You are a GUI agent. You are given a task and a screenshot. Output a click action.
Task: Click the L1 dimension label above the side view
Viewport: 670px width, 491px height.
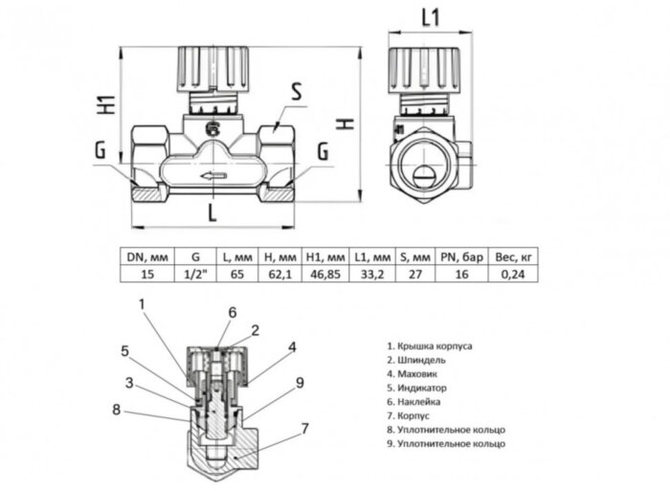click(x=430, y=16)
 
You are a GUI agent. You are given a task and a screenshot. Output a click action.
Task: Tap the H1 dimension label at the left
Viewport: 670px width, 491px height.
click(x=107, y=103)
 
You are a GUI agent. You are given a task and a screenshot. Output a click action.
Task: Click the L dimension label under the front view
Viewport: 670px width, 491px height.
click(x=212, y=213)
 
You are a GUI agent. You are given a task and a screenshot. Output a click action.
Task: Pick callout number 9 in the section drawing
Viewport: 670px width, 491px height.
click(x=300, y=383)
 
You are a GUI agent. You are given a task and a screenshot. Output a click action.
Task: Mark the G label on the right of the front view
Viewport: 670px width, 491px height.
click(x=323, y=151)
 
